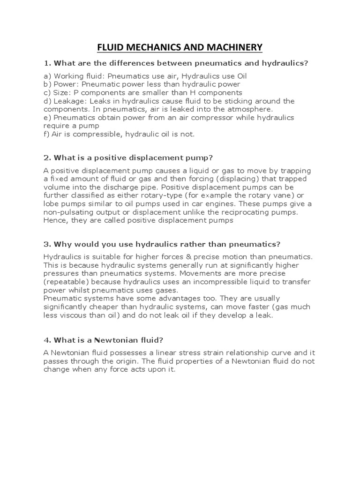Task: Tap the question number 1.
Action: pyautogui.click(x=46, y=63)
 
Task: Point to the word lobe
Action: pyautogui.click(x=52, y=204)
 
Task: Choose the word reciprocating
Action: pyautogui.click(x=245, y=212)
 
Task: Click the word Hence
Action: pyautogui.click(x=56, y=221)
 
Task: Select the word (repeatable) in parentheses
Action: pyautogui.click(x=65, y=282)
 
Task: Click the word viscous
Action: pyautogui.click(x=69, y=315)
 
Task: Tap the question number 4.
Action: pyautogui.click(x=46, y=340)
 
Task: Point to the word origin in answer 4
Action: pyautogui.click(x=124, y=361)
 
